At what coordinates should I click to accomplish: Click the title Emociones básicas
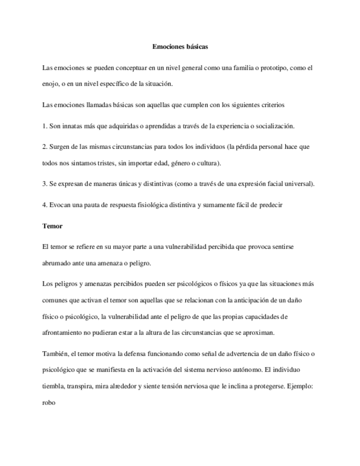coord(180,47)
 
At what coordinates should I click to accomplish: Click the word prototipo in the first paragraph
coord(272,68)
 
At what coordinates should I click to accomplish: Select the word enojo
coord(50,84)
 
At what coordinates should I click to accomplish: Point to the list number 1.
coord(44,125)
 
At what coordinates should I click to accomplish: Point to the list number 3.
coord(44,184)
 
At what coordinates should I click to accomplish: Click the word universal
coord(300,184)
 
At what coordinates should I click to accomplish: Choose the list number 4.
coord(44,204)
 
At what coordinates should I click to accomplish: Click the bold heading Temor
coord(52,225)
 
